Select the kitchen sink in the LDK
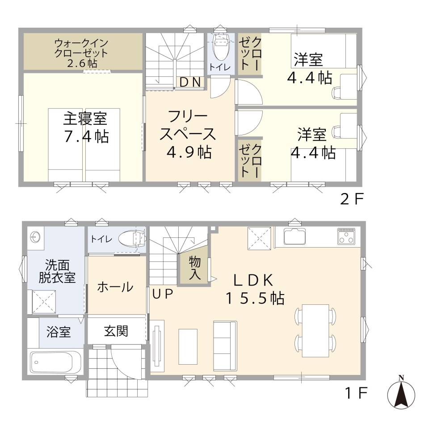tap(295, 236)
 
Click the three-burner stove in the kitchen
tap(346, 236)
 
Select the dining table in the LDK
tap(315, 331)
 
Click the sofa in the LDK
tap(225, 346)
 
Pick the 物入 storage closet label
tap(194, 268)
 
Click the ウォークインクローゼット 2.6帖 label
tap(81, 53)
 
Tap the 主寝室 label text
tap(85, 118)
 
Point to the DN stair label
tap(190, 82)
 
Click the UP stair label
tap(163, 294)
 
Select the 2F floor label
tap(352, 199)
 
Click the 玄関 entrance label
tap(116, 331)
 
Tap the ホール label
tap(115, 287)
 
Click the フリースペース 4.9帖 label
tap(188, 134)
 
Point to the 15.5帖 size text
tap(255, 298)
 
